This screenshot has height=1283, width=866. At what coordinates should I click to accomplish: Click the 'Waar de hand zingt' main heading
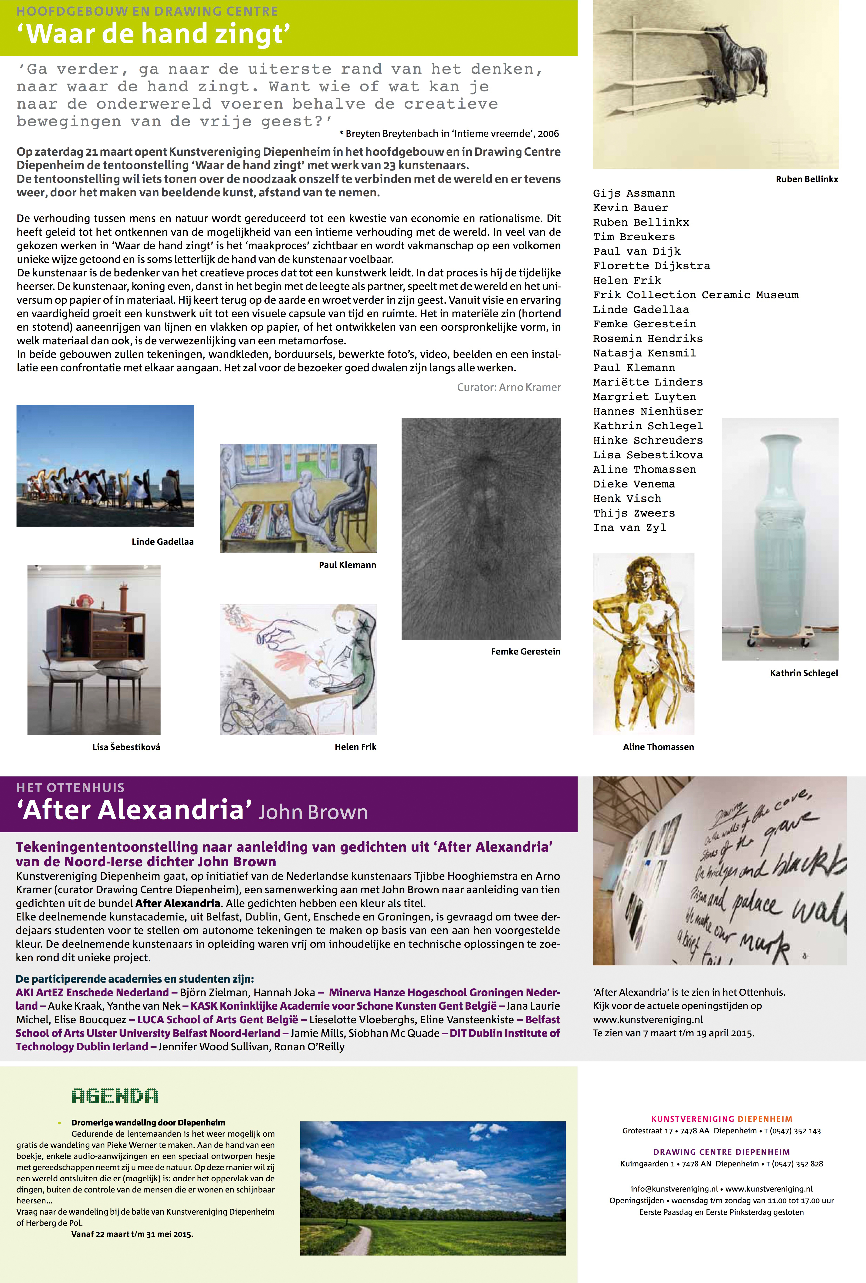154,34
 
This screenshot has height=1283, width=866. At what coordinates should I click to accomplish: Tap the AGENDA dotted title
115,1096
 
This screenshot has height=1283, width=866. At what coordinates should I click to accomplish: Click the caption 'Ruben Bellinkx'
806,179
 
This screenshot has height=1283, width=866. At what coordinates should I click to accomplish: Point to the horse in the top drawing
740,61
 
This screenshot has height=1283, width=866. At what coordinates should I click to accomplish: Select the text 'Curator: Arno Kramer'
508,388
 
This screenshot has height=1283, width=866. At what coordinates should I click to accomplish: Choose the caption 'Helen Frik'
355,747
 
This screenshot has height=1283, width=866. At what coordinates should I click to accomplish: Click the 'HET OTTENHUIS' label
71,788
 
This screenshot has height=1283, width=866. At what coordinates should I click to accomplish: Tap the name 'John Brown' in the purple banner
313,812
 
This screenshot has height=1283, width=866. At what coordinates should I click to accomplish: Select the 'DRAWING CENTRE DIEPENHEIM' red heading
721,1152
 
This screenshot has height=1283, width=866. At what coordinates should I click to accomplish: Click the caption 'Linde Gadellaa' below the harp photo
162,542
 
